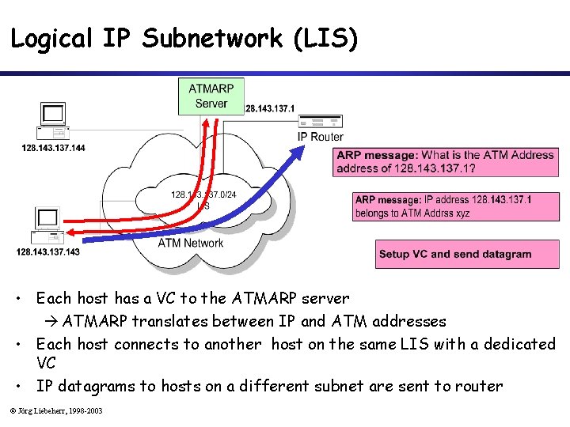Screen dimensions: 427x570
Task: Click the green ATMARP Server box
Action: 211,96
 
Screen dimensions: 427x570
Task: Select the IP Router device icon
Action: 321,123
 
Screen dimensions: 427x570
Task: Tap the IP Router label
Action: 320,137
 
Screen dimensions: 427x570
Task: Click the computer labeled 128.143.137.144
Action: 53,120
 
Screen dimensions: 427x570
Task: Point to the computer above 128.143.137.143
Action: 47,225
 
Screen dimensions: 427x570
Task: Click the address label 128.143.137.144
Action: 53,148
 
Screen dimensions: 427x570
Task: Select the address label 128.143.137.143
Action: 47,251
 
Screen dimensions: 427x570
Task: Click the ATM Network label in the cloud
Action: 191,243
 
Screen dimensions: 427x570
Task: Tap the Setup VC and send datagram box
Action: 455,255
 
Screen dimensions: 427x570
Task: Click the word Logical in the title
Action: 51,38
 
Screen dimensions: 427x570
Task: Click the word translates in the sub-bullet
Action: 164,321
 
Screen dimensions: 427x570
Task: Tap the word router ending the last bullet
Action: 479,386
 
